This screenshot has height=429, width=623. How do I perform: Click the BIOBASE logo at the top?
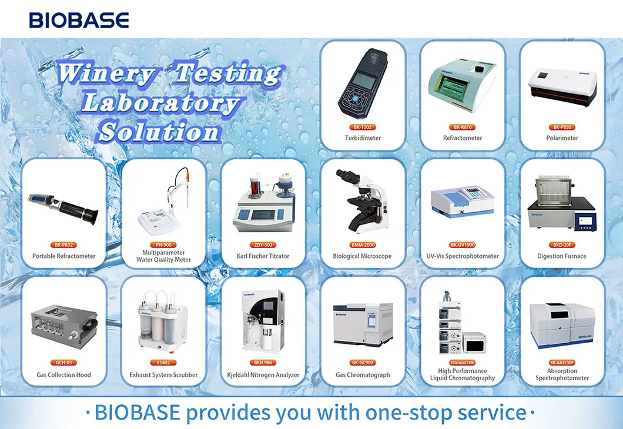click(79, 20)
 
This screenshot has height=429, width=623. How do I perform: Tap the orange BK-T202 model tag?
click(363, 127)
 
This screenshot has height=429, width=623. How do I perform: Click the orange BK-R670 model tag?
click(462, 127)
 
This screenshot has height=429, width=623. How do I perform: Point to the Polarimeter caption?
click(562, 138)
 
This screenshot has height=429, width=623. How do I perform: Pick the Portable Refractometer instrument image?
click(63, 206)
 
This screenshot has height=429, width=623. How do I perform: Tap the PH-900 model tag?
click(163, 244)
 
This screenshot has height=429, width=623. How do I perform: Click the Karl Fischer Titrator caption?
click(263, 256)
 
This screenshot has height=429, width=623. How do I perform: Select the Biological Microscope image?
click(362, 200)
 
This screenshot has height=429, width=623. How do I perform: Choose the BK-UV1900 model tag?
click(462, 244)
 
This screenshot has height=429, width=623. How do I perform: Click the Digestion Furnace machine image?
click(562, 203)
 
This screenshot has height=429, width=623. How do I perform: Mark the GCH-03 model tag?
click(63, 363)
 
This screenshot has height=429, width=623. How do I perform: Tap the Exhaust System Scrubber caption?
click(163, 375)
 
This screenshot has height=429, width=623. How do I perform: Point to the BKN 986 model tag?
click(263, 363)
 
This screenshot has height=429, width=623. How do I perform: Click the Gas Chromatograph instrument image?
click(363, 323)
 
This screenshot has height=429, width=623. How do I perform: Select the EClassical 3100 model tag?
click(462, 363)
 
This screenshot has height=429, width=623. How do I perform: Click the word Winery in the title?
click(106, 75)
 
